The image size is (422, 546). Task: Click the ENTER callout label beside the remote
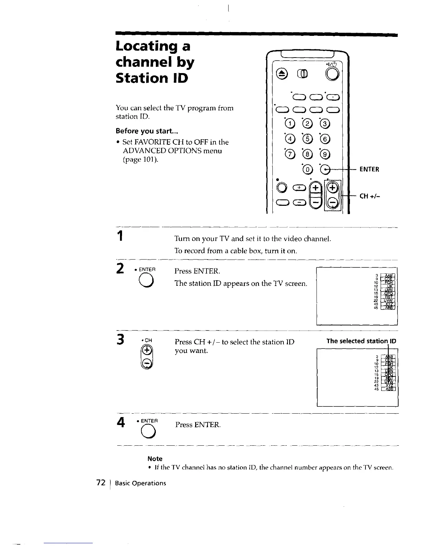click(369, 169)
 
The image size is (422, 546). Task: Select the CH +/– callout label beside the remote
click(369, 196)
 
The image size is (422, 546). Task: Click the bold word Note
click(155, 459)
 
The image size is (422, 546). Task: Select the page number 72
click(101, 483)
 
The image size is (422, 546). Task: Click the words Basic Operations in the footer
click(141, 483)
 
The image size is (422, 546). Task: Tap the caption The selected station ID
click(361, 341)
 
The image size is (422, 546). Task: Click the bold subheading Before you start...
click(142, 131)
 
